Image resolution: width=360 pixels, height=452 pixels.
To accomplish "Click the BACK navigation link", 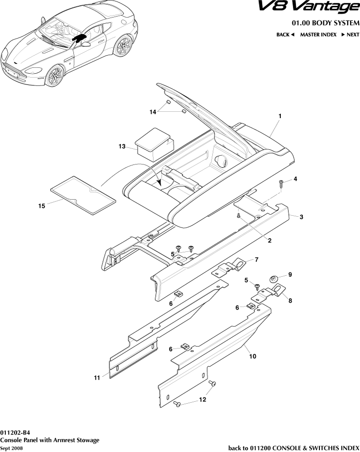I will pos(285,35).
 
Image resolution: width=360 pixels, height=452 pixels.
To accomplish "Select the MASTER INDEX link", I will pos(318,35).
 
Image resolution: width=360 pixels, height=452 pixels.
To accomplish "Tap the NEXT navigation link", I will pos(350,35).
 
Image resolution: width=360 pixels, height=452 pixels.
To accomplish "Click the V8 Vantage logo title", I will pos(315,8).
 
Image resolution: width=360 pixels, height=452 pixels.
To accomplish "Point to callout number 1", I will pos(280,116).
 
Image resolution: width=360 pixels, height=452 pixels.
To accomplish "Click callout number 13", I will pos(122,146).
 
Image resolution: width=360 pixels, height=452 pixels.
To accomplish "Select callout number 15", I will pos(42,206).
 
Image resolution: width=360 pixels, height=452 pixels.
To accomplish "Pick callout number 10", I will pos(253,357).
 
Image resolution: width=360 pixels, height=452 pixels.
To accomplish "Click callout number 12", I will pos(202,400).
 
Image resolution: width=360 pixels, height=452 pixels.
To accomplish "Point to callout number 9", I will pos(290,275).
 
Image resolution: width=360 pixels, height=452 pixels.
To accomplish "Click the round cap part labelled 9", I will pos(274,279).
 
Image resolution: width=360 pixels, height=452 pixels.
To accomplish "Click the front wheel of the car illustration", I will pos(55,77).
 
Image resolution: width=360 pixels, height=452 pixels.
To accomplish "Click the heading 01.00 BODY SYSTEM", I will pos(325,23).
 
